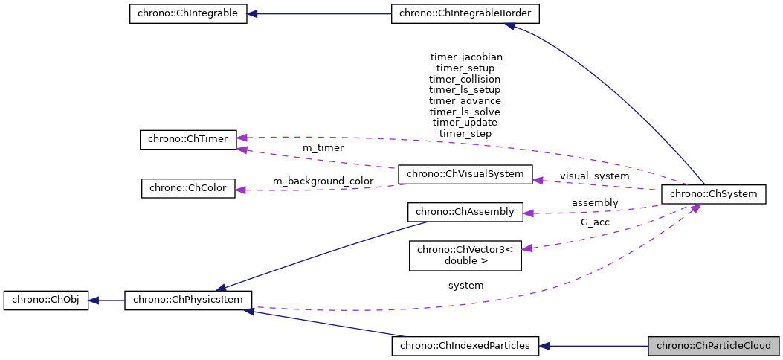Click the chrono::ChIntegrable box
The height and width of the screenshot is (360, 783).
[x=187, y=14]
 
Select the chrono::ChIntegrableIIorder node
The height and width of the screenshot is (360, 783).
[x=465, y=14]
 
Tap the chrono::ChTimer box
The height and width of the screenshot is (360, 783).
[x=188, y=139]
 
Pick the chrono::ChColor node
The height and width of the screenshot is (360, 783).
[x=188, y=188]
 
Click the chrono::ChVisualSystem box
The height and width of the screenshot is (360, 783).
[x=465, y=174]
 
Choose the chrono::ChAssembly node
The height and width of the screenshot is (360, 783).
[x=465, y=212]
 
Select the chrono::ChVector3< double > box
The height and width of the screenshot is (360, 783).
[x=465, y=254]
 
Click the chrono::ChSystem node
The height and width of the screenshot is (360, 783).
[x=713, y=194]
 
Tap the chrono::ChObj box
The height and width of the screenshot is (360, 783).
[x=45, y=300]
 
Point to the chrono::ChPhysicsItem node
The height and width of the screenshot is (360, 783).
[x=188, y=300]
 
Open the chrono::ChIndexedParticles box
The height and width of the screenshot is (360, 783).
[x=465, y=346]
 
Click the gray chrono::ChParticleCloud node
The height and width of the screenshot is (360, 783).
[x=714, y=346]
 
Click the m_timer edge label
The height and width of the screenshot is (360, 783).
[x=323, y=148]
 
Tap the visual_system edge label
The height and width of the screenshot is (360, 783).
[x=594, y=176]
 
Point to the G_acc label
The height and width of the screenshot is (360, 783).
[x=595, y=222]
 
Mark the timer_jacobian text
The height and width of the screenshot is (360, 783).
[x=466, y=57]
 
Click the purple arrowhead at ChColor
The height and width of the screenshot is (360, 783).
[x=241, y=190]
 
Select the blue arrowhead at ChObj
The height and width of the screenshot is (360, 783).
[x=94, y=300]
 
